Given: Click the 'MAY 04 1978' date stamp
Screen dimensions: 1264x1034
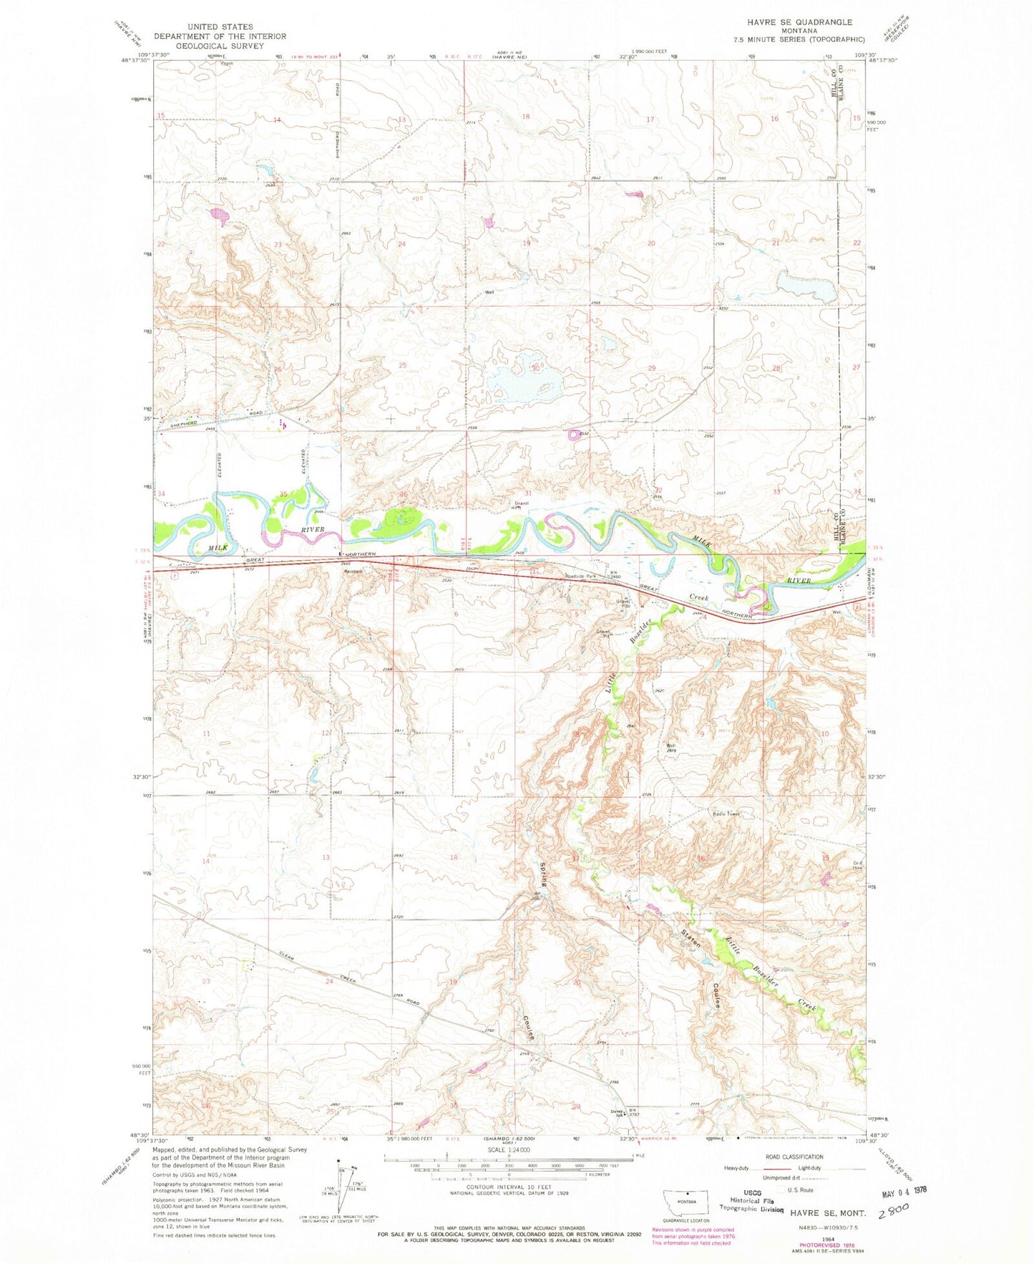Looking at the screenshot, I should click(899, 1190).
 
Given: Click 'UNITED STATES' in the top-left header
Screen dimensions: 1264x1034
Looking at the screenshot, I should click(220, 26).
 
